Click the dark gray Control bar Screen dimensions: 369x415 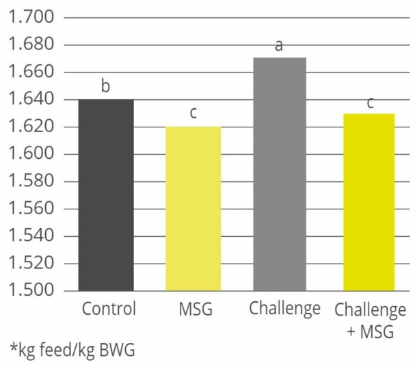point(106,195)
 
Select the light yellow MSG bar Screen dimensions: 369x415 point(193,209)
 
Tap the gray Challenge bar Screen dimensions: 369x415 point(280,174)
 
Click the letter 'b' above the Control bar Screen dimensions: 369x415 point(106,87)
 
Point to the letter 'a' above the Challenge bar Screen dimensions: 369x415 point(280,46)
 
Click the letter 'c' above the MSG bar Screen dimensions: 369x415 point(193,113)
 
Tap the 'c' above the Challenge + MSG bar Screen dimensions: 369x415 point(370,103)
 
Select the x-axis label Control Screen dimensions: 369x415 point(109,309)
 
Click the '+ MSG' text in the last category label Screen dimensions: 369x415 point(370,329)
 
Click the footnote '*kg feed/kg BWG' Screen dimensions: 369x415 point(72,351)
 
